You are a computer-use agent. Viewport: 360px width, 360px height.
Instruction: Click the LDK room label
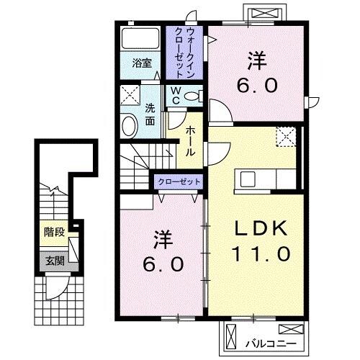coord(261,230)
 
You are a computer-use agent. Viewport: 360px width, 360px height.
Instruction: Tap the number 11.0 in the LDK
coord(261,253)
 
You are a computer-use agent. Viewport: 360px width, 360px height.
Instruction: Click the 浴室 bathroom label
coord(141,63)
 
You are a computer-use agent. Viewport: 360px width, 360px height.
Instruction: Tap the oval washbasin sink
coord(129,125)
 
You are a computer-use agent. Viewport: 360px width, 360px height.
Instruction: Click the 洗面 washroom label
coord(150,115)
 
